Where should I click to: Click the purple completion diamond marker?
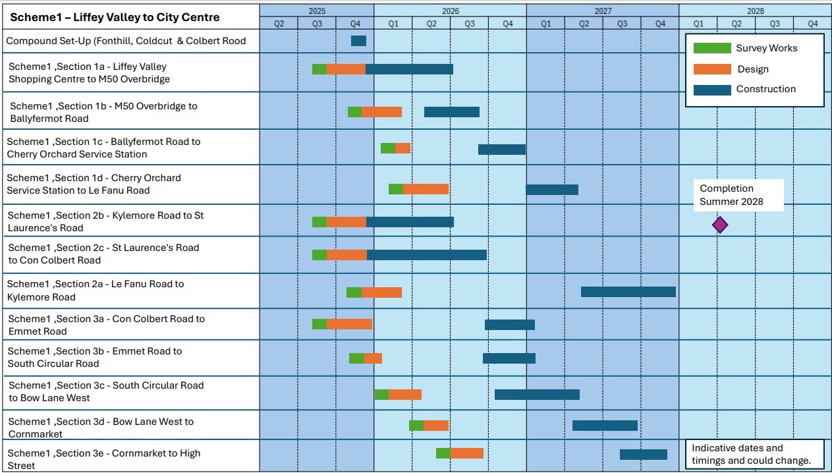click(720, 225)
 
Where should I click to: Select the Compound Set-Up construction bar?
click(358, 41)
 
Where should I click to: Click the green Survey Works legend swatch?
click(712, 48)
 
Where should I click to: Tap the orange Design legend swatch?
click(712, 69)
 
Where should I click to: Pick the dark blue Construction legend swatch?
click(712, 90)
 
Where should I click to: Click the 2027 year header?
click(602, 11)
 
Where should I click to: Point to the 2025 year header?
click(316, 11)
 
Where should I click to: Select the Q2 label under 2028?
click(736, 24)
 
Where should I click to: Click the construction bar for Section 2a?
click(628, 292)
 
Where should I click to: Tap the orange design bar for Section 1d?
click(426, 189)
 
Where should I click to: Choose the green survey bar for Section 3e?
click(443, 453)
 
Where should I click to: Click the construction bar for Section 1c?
click(502, 150)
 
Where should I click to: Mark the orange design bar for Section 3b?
click(373, 358)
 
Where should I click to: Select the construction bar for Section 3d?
click(605, 426)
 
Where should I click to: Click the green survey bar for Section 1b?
click(354, 112)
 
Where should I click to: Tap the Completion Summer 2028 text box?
click(738, 195)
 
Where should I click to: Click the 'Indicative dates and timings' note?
click(754, 454)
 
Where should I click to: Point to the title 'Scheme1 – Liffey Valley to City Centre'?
click(115, 17)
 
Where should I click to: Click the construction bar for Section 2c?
click(426, 255)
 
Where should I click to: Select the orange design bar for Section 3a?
click(349, 324)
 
